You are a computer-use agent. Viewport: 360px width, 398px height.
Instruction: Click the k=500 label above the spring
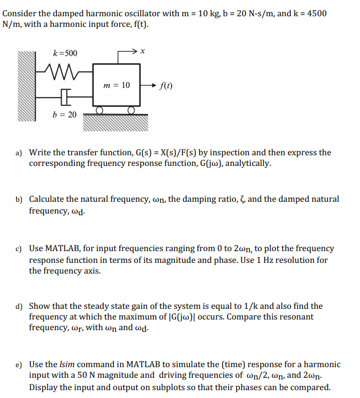65,53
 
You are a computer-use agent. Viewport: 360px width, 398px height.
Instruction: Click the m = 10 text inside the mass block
117,85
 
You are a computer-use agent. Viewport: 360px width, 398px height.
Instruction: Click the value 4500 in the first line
315,13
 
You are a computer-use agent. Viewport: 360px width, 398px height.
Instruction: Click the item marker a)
19,152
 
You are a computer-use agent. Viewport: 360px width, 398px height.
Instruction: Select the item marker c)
19,248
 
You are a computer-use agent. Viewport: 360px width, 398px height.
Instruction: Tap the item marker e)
19,364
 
